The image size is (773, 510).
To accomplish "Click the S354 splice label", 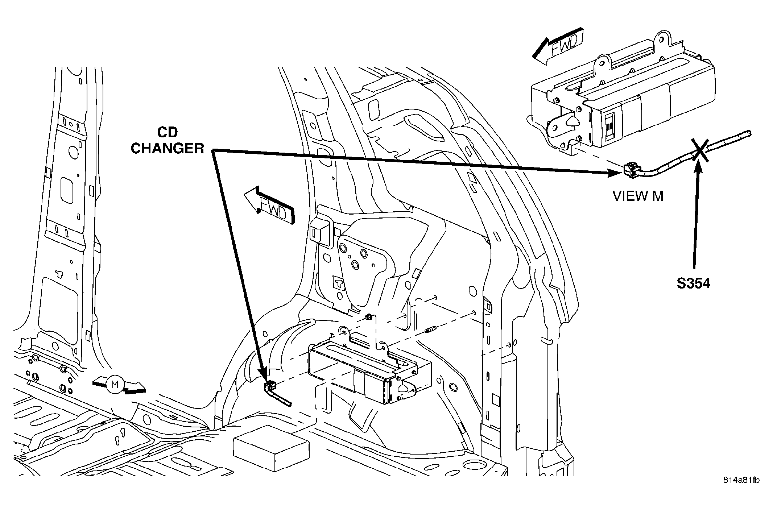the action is coord(693,283).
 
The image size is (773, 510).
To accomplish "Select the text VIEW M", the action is coord(638,196).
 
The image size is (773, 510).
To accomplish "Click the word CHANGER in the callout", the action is coord(168,148).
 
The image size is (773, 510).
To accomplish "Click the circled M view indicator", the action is coord(115,384).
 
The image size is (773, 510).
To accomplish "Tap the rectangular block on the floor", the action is coord(271,448).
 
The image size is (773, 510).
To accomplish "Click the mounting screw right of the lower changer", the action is coord(432,330).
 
